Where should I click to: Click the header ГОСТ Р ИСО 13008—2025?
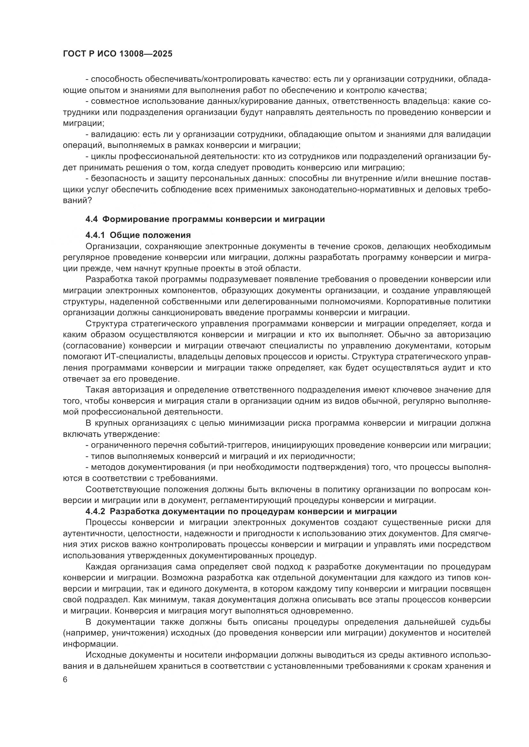[118, 54]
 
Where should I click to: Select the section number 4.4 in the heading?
[91, 219]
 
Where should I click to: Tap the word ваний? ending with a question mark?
[77, 201]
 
